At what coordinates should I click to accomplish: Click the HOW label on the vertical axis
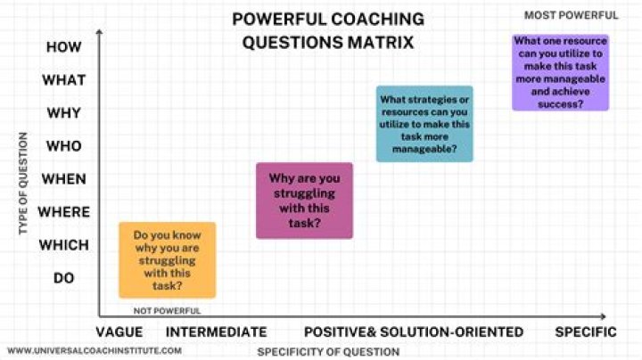64,47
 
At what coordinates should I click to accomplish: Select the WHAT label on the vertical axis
64,80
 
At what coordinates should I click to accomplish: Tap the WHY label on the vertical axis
64,113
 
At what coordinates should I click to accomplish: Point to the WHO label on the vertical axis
64,146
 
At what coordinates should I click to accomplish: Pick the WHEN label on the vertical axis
64,179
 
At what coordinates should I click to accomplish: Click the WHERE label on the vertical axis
64,212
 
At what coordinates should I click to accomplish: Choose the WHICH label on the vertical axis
64,245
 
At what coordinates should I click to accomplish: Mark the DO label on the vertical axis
64,278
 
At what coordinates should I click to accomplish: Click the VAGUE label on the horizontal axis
128,331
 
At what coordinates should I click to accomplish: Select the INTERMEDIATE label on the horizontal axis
217,331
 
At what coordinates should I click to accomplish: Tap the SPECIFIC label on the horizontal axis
586,331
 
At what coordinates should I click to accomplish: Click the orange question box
167,260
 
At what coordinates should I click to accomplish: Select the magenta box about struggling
304,200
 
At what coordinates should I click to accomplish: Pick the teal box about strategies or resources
424,124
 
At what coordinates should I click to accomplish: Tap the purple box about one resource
561,72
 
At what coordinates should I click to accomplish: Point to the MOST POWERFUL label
571,15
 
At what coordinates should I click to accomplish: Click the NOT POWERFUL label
168,311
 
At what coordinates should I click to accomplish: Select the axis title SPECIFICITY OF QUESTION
328,351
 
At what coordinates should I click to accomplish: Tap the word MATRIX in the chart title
381,43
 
